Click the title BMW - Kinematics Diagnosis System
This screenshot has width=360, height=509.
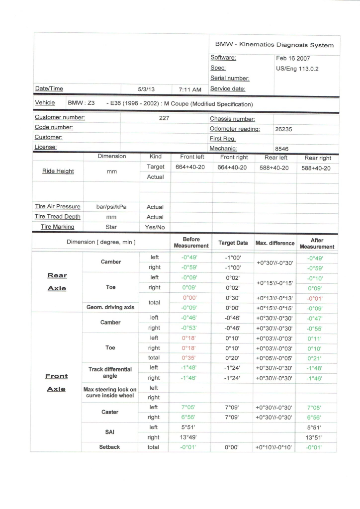(x=274, y=45)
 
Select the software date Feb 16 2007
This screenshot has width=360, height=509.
(x=293, y=58)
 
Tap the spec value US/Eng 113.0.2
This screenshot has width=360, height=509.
(x=297, y=69)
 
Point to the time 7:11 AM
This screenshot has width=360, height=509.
(x=190, y=89)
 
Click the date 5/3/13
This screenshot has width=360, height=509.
(x=146, y=89)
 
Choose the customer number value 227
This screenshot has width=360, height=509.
(x=164, y=118)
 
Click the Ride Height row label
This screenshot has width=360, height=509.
(x=58, y=171)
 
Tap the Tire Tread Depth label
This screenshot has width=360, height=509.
(x=58, y=217)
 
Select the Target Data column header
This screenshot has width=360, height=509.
(x=233, y=243)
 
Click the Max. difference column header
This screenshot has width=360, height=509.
(x=275, y=243)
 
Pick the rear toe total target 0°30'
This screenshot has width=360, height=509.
(x=233, y=298)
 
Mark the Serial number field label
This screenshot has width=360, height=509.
(x=230, y=79)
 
